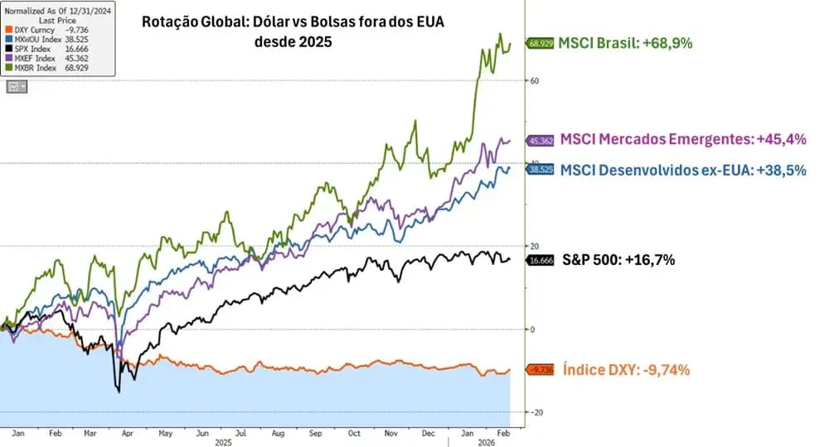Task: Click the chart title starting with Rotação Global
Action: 293,31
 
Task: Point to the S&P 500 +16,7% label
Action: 618,260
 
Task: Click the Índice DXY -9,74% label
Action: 626,370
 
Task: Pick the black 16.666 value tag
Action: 541,260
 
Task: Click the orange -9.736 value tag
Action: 541,370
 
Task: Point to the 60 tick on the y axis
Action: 535,80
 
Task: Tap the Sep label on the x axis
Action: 316,433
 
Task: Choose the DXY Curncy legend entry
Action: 38,29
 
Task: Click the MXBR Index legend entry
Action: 36,68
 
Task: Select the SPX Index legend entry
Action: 35,48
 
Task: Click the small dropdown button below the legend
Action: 16,86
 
